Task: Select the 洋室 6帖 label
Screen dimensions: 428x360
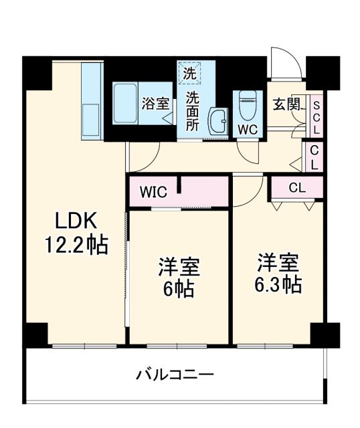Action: (x=179, y=278)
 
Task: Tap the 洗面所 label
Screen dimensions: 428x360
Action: (x=193, y=110)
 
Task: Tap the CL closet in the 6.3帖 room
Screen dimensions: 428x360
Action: (x=296, y=188)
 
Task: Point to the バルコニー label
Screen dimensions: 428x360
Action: (x=175, y=373)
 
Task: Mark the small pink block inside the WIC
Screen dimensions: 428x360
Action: (x=179, y=185)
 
